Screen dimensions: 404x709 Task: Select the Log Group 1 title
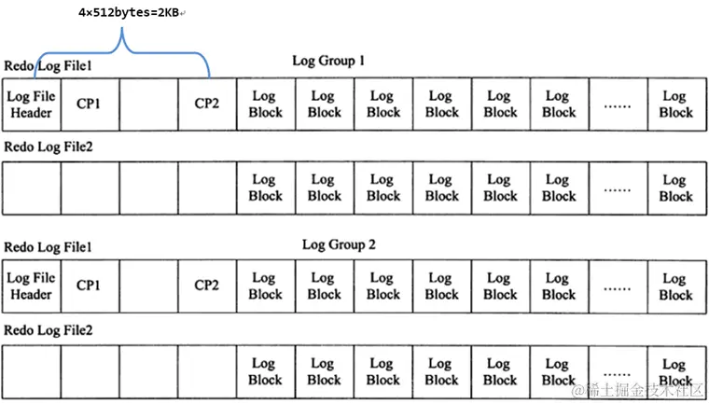327,61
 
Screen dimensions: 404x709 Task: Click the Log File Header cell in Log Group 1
31,104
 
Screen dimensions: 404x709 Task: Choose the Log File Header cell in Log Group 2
31,286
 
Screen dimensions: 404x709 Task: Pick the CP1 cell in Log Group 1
90,104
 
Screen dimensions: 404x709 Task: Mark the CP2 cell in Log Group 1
207,104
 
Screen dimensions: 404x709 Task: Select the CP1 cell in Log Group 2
90,286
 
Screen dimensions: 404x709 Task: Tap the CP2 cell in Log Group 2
207,286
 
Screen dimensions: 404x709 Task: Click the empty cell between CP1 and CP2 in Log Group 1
148,104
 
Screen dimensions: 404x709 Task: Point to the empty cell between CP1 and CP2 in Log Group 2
148,286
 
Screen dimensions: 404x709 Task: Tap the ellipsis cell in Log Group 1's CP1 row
617,104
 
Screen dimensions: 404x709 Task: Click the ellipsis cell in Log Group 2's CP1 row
617,286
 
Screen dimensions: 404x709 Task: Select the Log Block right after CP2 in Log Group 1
265,104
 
